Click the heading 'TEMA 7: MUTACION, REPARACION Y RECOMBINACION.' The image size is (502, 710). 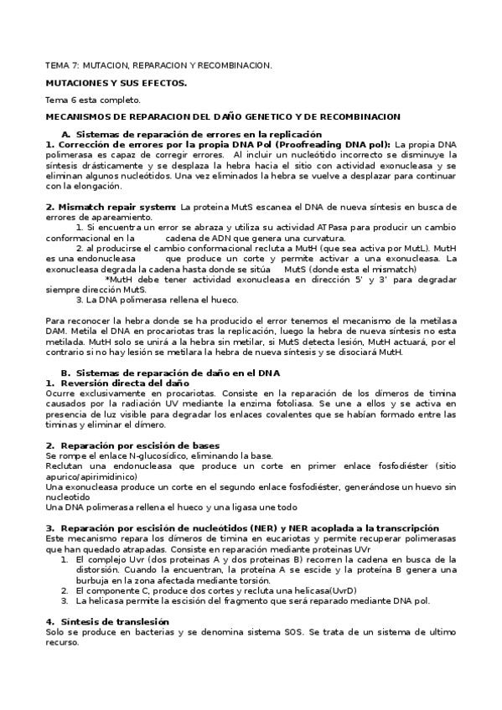tap(158, 65)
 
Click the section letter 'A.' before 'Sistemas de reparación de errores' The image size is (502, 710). tap(66, 134)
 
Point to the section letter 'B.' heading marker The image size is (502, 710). tap(66, 372)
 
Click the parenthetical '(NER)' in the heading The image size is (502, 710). tap(267, 528)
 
